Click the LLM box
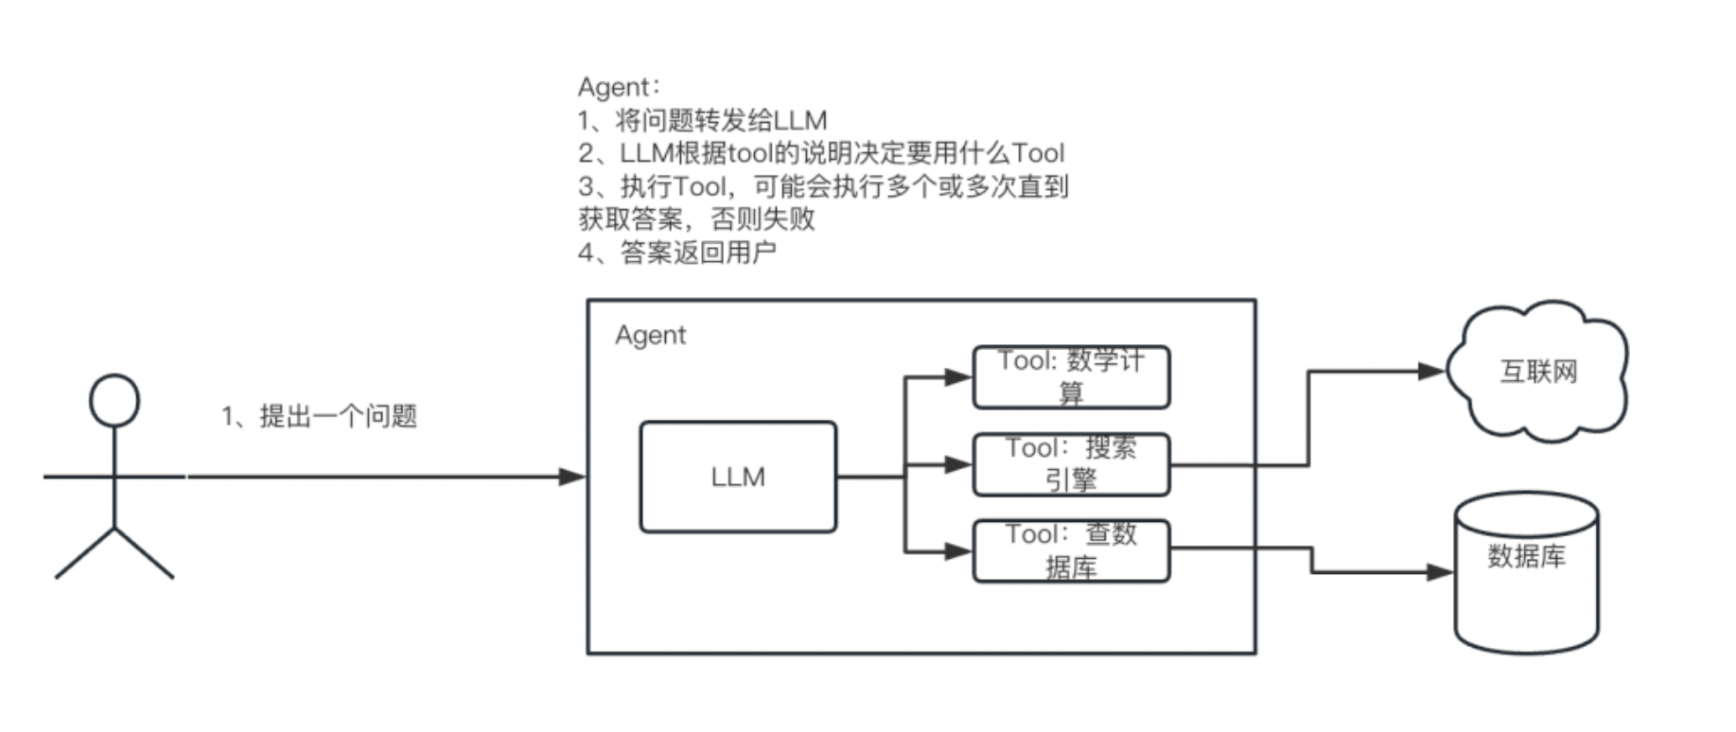pos(738,477)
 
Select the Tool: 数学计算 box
pos(1071,376)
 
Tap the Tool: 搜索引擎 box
pos(1071,464)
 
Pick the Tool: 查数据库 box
pos(1071,550)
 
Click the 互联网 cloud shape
pos(1538,371)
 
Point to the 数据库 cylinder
pos(1525,573)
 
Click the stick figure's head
pos(114,400)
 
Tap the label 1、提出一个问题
pos(320,416)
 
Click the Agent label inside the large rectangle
pos(650,336)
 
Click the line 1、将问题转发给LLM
pos(702,120)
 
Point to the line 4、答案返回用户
pos(676,253)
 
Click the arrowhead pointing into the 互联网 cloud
pos(1432,372)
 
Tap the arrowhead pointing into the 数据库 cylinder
pos(1439,572)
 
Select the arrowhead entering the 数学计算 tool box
pos(958,377)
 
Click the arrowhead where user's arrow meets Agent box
pos(572,477)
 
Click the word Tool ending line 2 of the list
pos(1038,153)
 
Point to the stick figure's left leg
pos(85,553)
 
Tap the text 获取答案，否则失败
pos(696,219)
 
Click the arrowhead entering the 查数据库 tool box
pos(958,550)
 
